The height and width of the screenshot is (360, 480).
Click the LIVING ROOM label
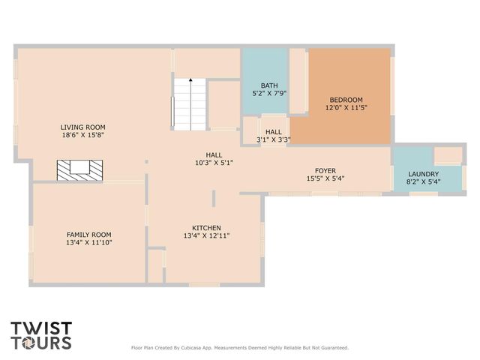[x=83, y=127]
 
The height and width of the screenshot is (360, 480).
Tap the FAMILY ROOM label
[x=89, y=234]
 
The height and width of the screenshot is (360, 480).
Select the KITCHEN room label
[x=206, y=227]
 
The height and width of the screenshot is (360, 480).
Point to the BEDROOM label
[x=345, y=100]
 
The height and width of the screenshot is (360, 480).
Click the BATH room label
[x=269, y=85]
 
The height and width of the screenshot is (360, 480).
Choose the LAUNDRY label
[x=423, y=173]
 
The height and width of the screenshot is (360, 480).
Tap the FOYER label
[x=325, y=170]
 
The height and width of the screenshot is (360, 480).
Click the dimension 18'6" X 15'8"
[x=83, y=135]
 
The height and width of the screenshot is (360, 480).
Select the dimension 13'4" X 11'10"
[x=89, y=242]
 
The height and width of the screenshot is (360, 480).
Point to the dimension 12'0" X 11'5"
[x=345, y=108]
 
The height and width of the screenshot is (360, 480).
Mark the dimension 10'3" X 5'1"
[x=214, y=162]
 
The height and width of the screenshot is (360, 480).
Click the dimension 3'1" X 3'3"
[x=273, y=139]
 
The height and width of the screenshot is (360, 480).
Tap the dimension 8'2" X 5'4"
[x=423, y=181]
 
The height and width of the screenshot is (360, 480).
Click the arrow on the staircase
[x=190, y=80]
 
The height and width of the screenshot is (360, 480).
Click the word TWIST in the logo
[x=42, y=328]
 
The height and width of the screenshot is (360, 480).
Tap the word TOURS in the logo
[x=42, y=343]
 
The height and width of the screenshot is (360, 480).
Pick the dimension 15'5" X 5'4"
[x=325, y=178]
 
